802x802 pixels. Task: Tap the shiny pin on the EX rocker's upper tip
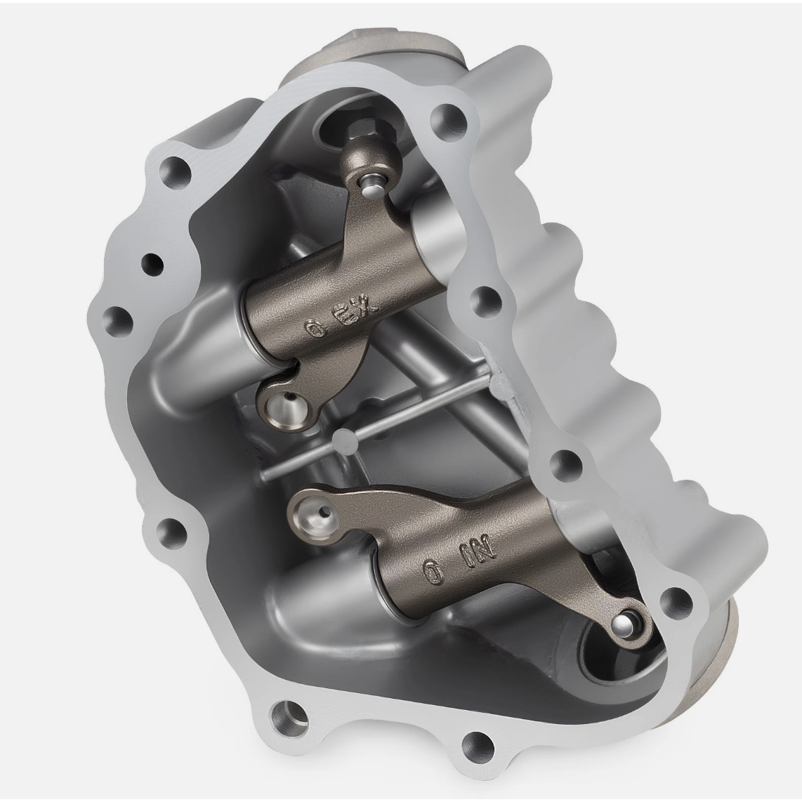click(372, 187)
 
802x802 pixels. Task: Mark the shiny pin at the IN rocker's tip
click(625, 624)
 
